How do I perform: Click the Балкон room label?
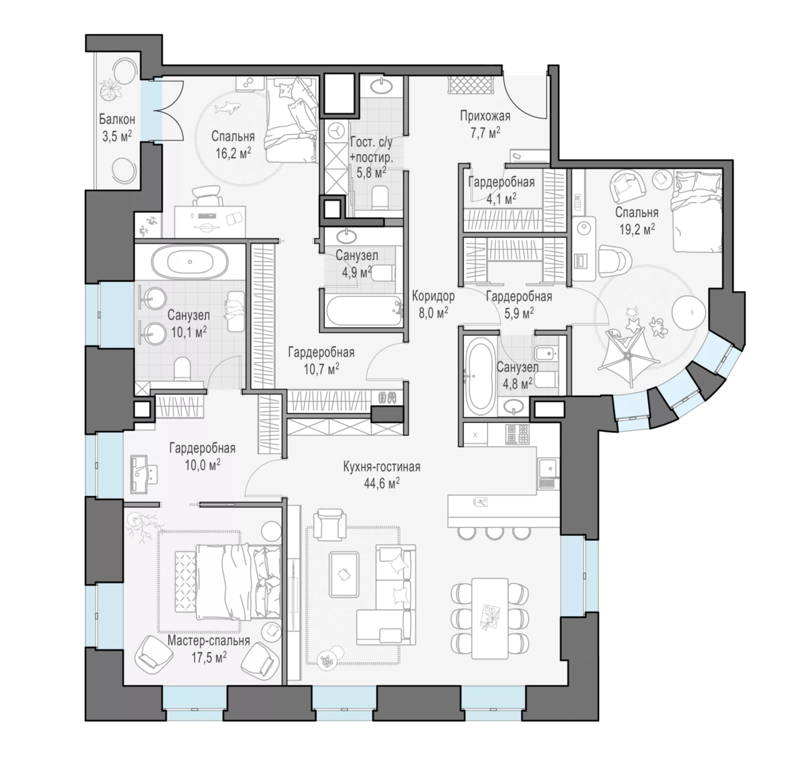coord(117,120)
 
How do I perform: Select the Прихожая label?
coord(485,116)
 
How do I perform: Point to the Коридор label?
coord(433,296)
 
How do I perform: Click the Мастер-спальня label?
coord(209,640)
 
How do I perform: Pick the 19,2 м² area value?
coord(637,229)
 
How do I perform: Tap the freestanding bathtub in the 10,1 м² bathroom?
coord(190,262)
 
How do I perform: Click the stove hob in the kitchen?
coord(517,434)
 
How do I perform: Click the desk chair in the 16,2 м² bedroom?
coord(207,195)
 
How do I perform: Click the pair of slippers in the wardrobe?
coord(387,398)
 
